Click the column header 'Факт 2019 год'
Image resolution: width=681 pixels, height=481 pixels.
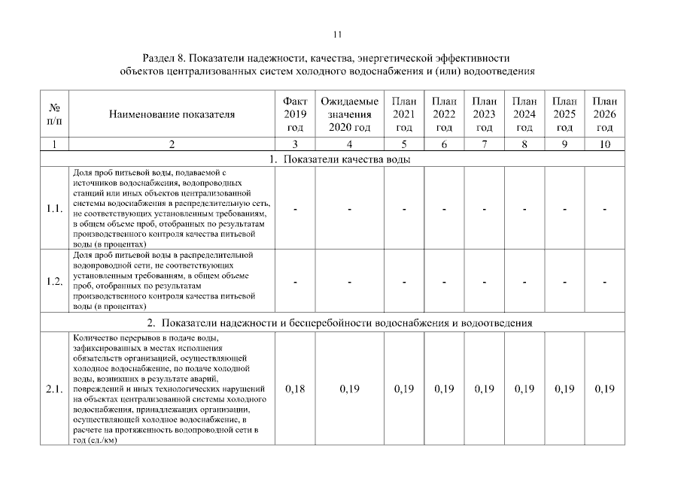tap(295, 114)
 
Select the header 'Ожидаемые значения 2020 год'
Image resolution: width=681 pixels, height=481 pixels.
tap(350, 114)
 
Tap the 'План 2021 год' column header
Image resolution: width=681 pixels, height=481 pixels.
tap(404, 114)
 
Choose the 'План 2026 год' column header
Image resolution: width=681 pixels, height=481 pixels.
tap(604, 114)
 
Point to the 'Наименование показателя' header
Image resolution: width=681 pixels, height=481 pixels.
tap(172, 115)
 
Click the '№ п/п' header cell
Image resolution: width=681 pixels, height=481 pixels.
tap(55, 114)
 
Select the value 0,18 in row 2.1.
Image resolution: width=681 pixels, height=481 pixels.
tap(295, 389)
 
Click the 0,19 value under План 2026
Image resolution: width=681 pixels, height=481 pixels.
tap(604, 389)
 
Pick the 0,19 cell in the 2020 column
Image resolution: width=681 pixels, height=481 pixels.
tap(350, 389)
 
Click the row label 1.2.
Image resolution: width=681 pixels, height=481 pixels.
tap(55, 282)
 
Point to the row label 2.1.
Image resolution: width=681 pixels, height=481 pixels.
tap(55, 389)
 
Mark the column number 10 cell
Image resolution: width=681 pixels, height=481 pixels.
tap(604, 144)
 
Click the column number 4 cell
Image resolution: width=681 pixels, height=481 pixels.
tap(350, 144)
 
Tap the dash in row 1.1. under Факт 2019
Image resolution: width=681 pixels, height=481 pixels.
tap(295, 209)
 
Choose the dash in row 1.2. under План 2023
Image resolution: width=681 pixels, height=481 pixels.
tap(485, 282)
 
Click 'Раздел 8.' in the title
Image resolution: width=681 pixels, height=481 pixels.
tap(163, 58)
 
